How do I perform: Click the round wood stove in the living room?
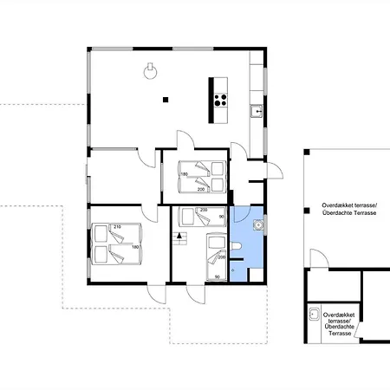click(x=153, y=72)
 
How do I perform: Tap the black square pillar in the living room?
click(x=164, y=101)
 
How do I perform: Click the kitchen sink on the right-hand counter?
click(x=256, y=110)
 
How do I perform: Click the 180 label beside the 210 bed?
click(x=135, y=247)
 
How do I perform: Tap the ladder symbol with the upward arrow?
click(x=180, y=236)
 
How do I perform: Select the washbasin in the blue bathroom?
click(x=257, y=224)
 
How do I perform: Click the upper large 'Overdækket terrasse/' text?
click(x=343, y=205)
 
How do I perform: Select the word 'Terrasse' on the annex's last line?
click(x=341, y=334)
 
